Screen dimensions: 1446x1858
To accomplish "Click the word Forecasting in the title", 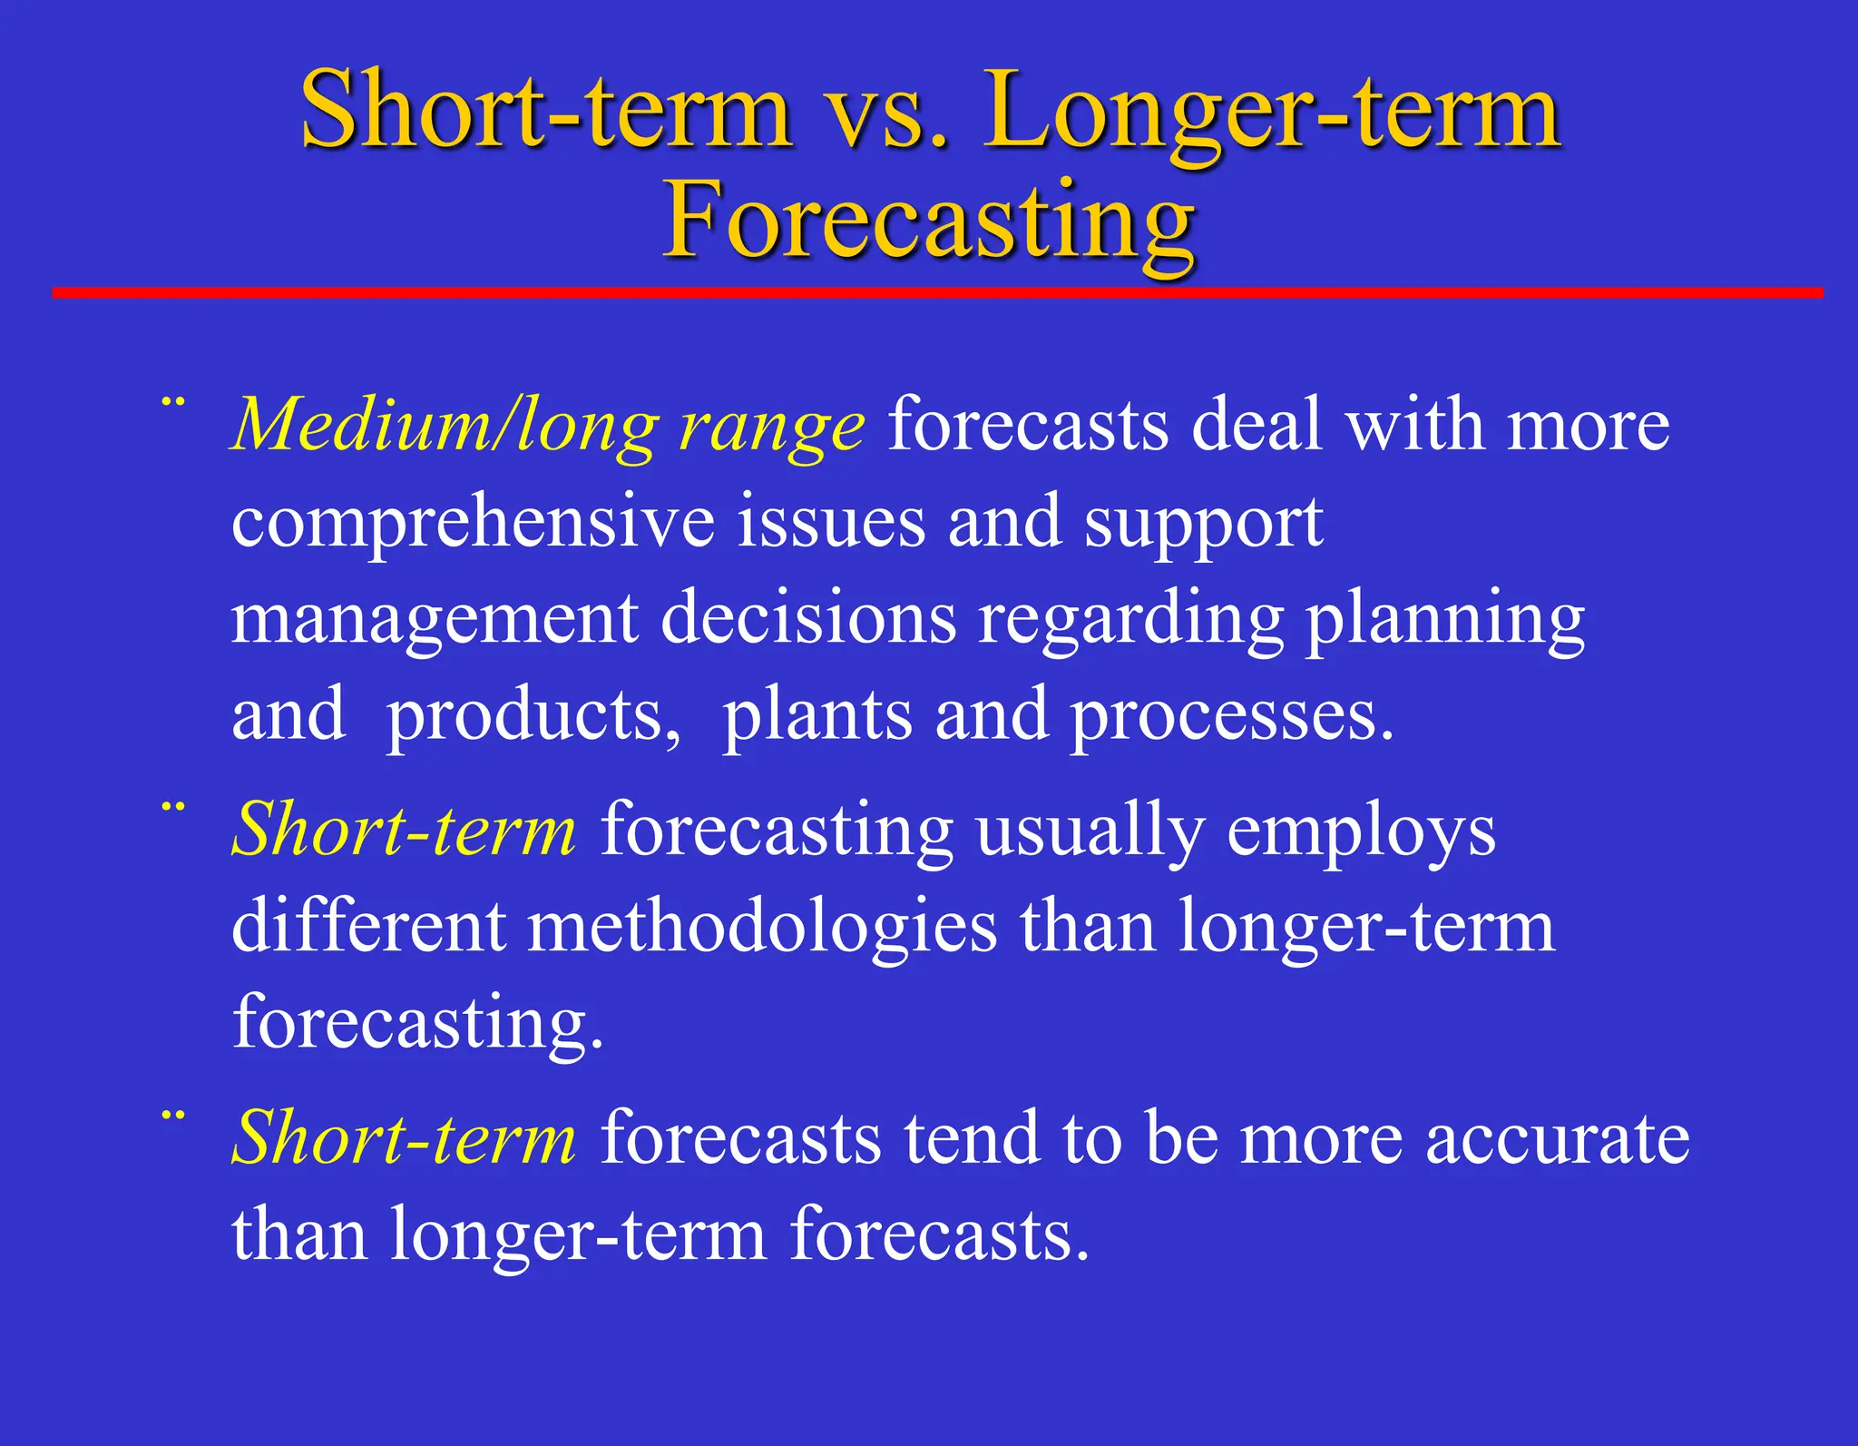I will click(x=929, y=221).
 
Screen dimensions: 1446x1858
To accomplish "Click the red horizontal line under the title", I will click(x=937, y=292).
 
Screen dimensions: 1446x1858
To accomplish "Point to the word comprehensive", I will click(x=473, y=523).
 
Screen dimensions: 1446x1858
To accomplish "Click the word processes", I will click(x=1231, y=717).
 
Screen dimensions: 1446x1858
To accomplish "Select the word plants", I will click(x=817, y=717).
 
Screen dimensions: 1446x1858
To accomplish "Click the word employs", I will click(x=1361, y=831).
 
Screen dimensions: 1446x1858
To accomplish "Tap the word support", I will click(x=1203, y=525).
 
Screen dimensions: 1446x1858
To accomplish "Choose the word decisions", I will click(x=808, y=619).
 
